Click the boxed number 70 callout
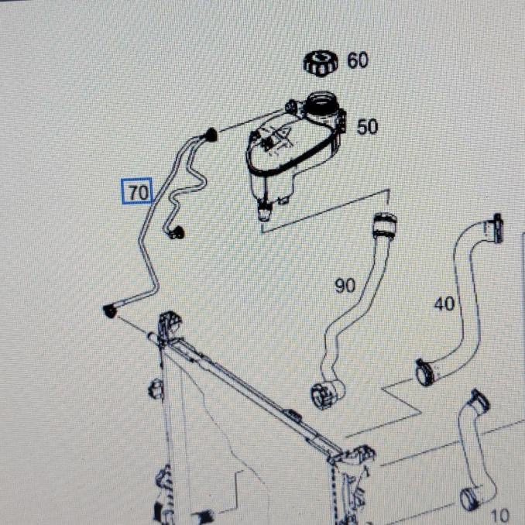point(137,190)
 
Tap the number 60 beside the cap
point(357,60)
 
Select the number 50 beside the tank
point(367,127)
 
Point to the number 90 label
point(345,286)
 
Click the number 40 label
point(444,304)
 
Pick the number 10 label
point(501,515)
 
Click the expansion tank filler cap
point(321,63)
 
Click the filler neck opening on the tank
point(321,101)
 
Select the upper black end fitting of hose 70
point(211,135)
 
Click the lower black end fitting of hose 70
point(110,311)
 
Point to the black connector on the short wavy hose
point(177,232)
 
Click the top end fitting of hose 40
point(495,228)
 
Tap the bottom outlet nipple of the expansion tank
point(265,211)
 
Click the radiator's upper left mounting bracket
point(169,326)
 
